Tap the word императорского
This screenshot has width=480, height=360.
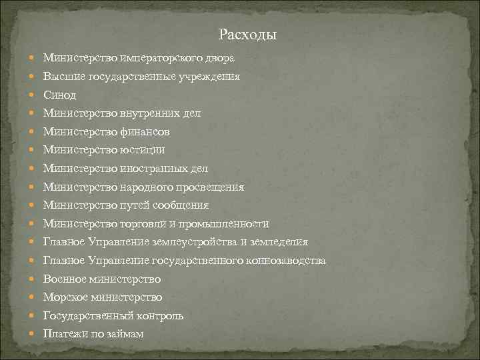144,59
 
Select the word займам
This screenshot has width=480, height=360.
123,333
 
